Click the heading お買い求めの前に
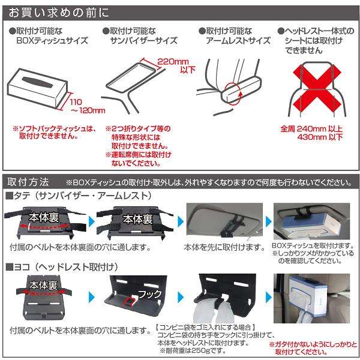point(59,13)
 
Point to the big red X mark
point(317,88)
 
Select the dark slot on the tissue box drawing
point(37,82)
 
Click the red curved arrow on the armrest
point(240,97)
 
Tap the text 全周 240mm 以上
point(311,129)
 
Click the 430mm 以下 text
point(320,137)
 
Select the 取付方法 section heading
point(28,182)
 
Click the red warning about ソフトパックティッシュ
point(55,133)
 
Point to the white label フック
point(150,294)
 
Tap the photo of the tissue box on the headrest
point(312,298)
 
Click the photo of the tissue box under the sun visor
point(312,221)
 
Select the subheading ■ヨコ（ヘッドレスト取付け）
point(62,267)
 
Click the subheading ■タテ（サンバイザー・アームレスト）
point(79,196)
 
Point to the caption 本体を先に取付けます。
point(225,247)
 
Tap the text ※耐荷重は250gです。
point(193,351)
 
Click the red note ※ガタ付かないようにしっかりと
point(313,344)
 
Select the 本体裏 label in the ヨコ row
point(43,286)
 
